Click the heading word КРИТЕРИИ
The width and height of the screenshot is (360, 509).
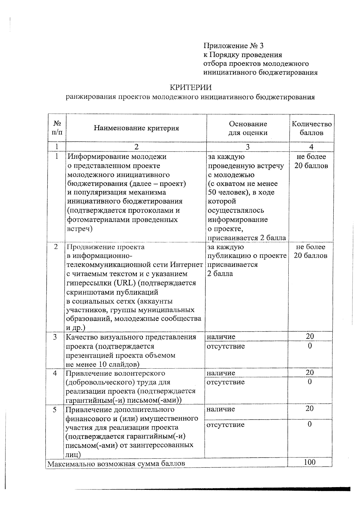coord(190,87)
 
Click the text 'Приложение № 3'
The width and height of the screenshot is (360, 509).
coord(233,46)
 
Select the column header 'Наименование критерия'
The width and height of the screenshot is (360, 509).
coord(136,128)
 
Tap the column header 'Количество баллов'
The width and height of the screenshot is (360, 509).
coord(312,128)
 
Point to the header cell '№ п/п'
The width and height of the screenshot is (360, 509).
coord(57,128)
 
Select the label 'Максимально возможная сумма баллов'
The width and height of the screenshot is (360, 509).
coord(116,463)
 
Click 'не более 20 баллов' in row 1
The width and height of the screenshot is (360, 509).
coord(311,161)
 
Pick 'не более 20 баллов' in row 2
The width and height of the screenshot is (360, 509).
coord(310,251)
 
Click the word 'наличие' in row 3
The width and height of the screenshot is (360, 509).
coord(221,337)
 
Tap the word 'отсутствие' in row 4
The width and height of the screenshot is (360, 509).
coord(226,382)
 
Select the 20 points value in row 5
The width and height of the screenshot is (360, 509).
coord(310,409)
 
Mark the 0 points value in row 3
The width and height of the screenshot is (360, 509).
coord(310,346)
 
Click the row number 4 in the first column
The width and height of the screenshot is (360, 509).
coord(55,373)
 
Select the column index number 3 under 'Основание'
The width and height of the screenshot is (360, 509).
coord(247,147)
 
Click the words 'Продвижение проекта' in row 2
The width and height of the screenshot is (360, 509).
coord(105,247)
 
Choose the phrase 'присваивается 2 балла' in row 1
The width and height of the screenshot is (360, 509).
coord(247,238)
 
